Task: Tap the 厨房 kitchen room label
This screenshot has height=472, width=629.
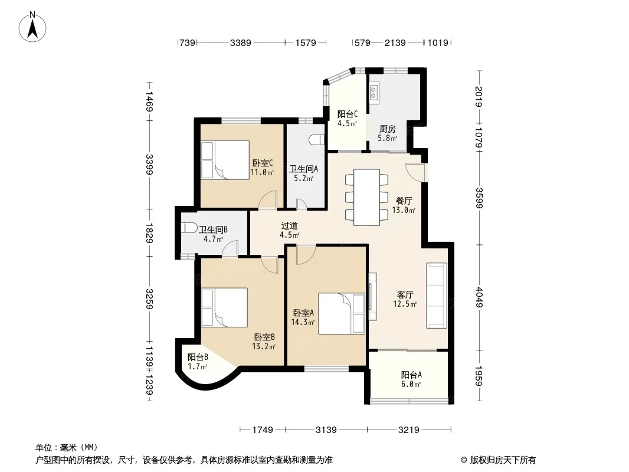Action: [x=388, y=129]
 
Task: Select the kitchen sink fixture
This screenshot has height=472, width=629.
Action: [x=374, y=91]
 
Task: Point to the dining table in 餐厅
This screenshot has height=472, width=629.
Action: [x=366, y=197]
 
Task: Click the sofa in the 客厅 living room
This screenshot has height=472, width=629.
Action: [x=437, y=296]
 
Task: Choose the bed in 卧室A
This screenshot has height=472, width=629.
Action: [x=342, y=314]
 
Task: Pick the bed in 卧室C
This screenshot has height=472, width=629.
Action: [x=225, y=160]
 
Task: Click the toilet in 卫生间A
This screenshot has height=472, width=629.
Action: [x=316, y=139]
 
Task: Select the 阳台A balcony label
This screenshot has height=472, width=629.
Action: [x=411, y=375]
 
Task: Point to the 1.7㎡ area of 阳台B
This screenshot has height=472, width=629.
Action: [x=197, y=366]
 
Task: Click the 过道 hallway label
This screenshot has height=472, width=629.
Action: [x=289, y=226]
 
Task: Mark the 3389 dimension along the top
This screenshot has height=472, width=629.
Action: [x=241, y=42]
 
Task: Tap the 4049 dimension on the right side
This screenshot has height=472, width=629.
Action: [x=478, y=297]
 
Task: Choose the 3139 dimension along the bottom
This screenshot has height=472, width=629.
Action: [x=326, y=430]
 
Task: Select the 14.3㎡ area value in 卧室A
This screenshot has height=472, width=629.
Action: [x=303, y=322]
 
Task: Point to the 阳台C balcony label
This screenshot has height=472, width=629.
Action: [x=348, y=114]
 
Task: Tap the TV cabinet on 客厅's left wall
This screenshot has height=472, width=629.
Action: [x=373, y=296]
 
